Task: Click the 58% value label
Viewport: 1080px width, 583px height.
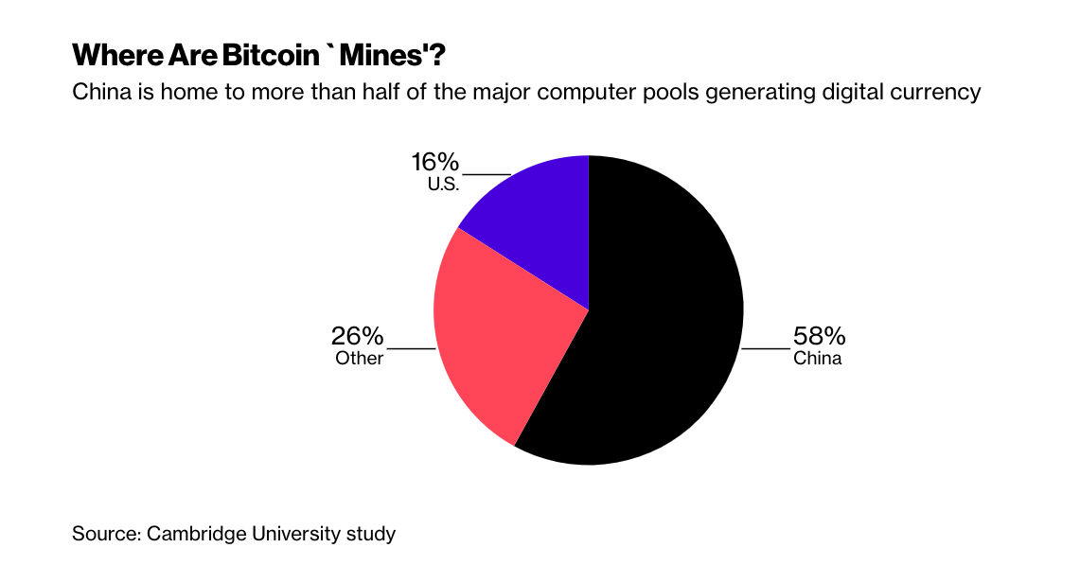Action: pos(820,337)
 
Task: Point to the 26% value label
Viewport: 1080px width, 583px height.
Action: pos(357,337)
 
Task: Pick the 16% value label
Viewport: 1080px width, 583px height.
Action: pos(435,162)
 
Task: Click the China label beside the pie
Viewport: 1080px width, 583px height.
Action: pos(817,359)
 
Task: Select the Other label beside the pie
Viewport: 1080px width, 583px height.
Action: pos(360,359)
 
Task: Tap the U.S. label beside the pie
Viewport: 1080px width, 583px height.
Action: pos(443,184)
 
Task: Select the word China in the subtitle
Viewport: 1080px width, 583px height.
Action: pos(100,93)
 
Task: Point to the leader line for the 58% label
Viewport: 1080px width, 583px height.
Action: pos(766,348)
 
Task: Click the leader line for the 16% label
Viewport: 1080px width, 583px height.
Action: pos(486,174)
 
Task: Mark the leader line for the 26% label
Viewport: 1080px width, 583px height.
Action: pos(411,348)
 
